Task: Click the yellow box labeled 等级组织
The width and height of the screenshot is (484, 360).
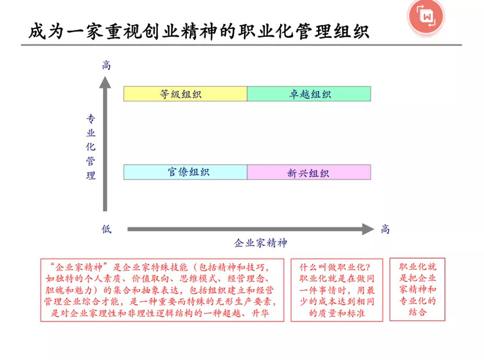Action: (185, 94)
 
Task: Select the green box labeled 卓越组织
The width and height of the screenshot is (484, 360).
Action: (309, 94)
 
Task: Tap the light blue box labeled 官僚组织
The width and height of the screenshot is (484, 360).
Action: (185, 172)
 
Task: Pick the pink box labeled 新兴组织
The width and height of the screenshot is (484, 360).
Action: (309, 172)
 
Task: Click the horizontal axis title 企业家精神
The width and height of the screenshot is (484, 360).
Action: (260, 243)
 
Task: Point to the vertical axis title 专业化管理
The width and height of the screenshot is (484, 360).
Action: (91, 147)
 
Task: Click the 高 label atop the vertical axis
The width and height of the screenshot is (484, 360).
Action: (105, 65)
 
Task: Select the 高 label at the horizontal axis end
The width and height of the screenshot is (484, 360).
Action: (385, 229)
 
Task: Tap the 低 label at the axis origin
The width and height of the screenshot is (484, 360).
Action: (105, 229)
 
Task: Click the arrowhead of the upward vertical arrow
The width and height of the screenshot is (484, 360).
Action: (105, 82)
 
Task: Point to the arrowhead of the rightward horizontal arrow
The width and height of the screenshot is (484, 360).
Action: (368, 229)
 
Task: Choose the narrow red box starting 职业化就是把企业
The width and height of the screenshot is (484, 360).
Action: (417, 289)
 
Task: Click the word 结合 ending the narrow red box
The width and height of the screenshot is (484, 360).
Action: (418, 312)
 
